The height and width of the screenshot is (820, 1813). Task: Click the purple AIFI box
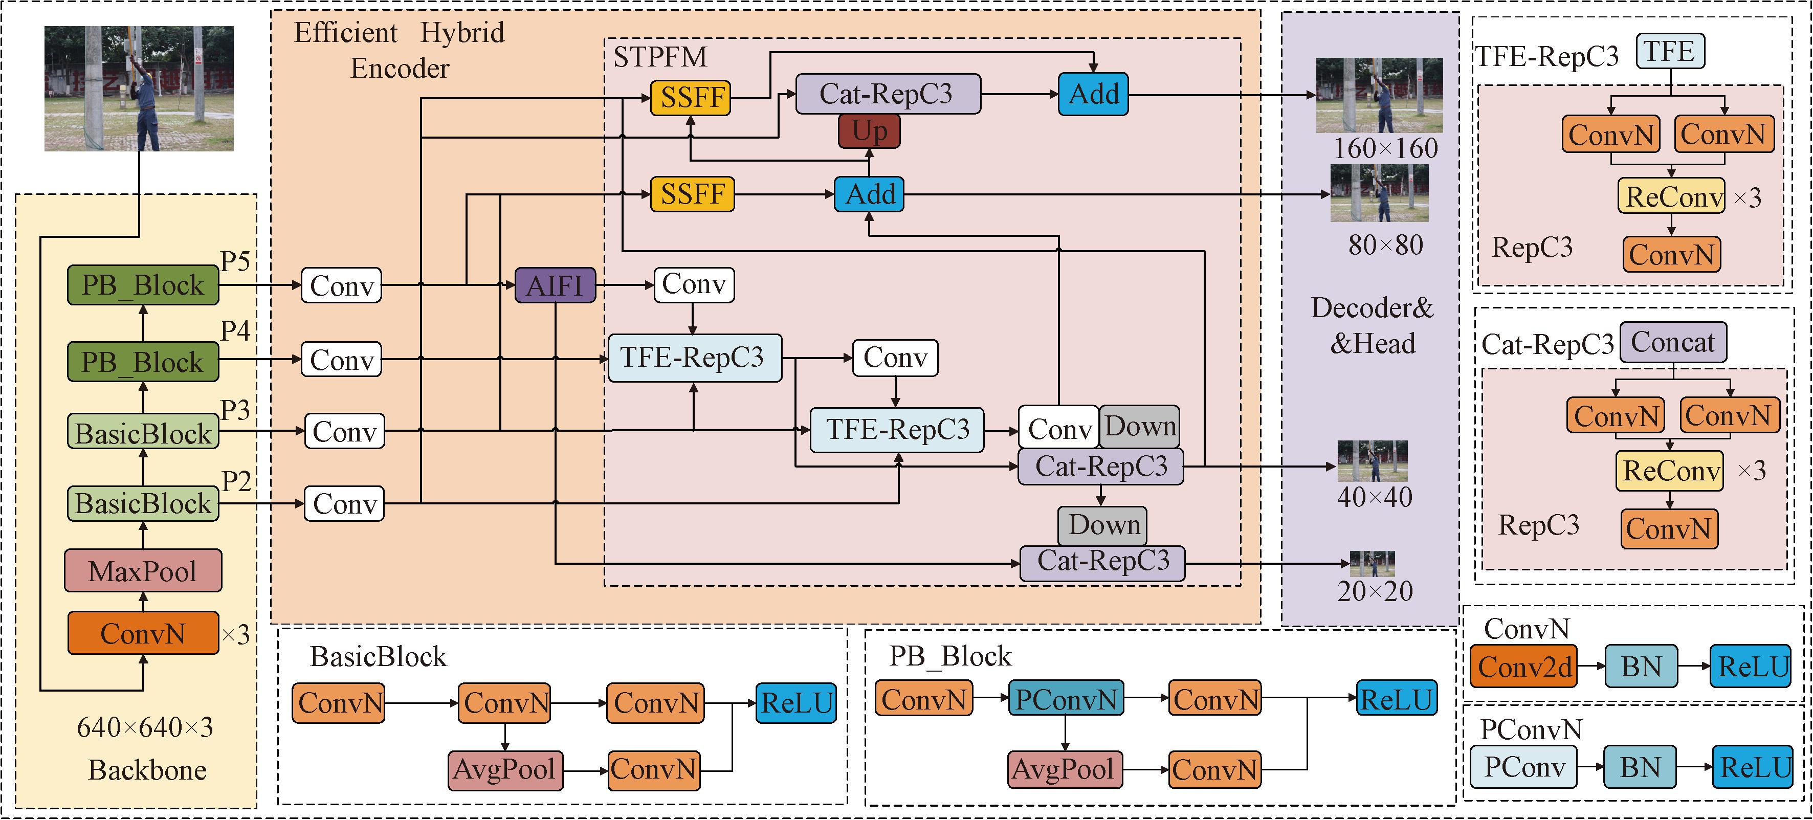point(555,285)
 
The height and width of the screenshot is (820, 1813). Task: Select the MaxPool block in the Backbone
point(143,571)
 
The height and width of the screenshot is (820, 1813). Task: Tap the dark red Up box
point(869,131)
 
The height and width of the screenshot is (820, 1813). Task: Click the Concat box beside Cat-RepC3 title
point(1672,343)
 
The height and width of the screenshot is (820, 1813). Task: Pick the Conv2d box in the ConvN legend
point(1524,667)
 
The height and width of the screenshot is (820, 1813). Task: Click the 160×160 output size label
point(1386,148)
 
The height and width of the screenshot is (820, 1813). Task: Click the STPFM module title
point(659,57)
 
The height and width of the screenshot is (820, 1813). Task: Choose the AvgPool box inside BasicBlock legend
point(504,769)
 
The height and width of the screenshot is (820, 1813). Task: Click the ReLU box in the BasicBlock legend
point(796,702)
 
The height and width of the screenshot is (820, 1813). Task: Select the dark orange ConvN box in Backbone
point(143,633)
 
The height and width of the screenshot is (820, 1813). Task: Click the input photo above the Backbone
point(139,88)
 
